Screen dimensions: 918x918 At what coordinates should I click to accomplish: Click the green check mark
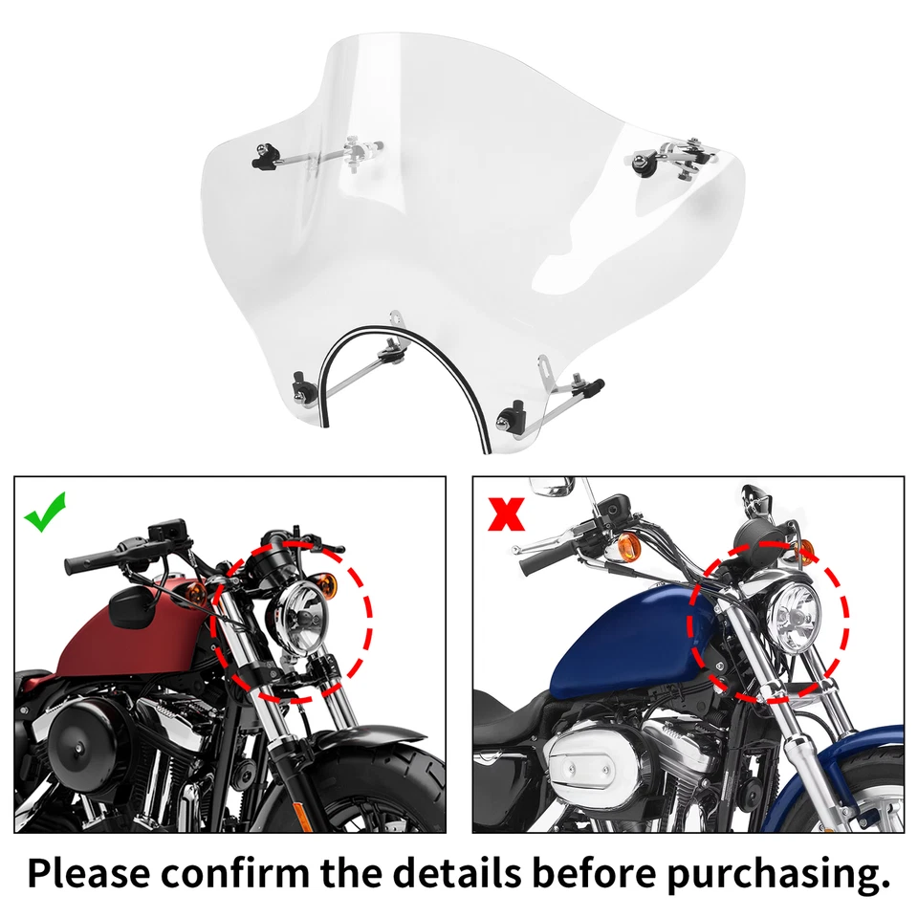point(45,514)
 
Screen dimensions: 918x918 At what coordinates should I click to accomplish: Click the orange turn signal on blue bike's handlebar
point(628,547)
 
